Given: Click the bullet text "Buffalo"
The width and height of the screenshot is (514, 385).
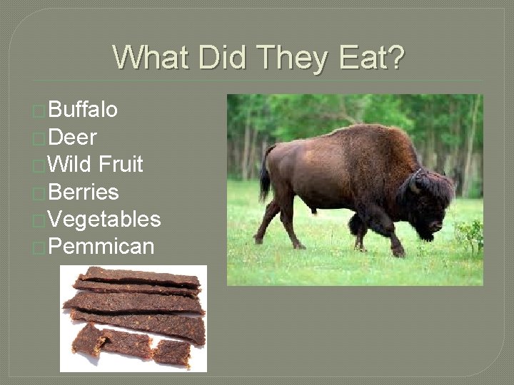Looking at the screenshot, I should [84, 110].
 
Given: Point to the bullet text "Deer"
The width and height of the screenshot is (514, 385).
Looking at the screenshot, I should [73, 137].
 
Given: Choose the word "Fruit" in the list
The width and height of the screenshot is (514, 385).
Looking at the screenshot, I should [121, 165].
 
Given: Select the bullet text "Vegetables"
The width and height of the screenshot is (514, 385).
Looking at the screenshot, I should [104, 220].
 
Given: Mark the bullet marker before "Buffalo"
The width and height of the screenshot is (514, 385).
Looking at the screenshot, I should [40, 111].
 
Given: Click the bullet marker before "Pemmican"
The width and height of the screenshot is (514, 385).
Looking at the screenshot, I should [40, 247].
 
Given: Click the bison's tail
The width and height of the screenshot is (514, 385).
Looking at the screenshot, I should [266, 175].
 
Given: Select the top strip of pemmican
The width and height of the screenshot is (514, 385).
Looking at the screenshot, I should [139, 276].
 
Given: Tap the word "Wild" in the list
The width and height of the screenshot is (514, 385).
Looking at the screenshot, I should [72, 165].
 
